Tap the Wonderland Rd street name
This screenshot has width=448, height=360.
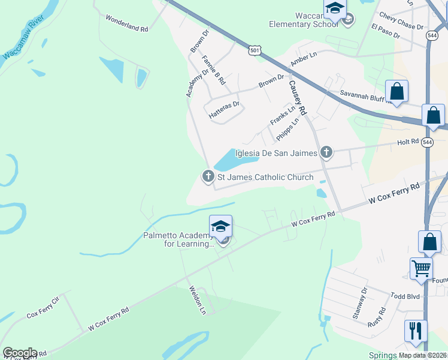tap(126, 23)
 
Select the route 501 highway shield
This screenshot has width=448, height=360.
tap(255, 51)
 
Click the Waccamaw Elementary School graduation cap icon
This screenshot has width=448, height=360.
tap(335, 10)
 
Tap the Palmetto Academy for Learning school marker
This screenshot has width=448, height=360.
tap(220, 227)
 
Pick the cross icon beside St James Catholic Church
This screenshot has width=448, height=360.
tap(208, 176)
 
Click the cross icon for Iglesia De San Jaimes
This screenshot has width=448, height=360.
tap(326, 152)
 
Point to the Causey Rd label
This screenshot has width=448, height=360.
tap(297, 97)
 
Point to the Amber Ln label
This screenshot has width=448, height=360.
tap(303, 59)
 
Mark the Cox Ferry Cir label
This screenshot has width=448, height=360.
tap(43, 307)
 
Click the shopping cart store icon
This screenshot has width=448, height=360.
tap(421, 269)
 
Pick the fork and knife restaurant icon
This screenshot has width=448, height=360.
tap(416, 331)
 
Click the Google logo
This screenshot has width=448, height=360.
tap(20, 353)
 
